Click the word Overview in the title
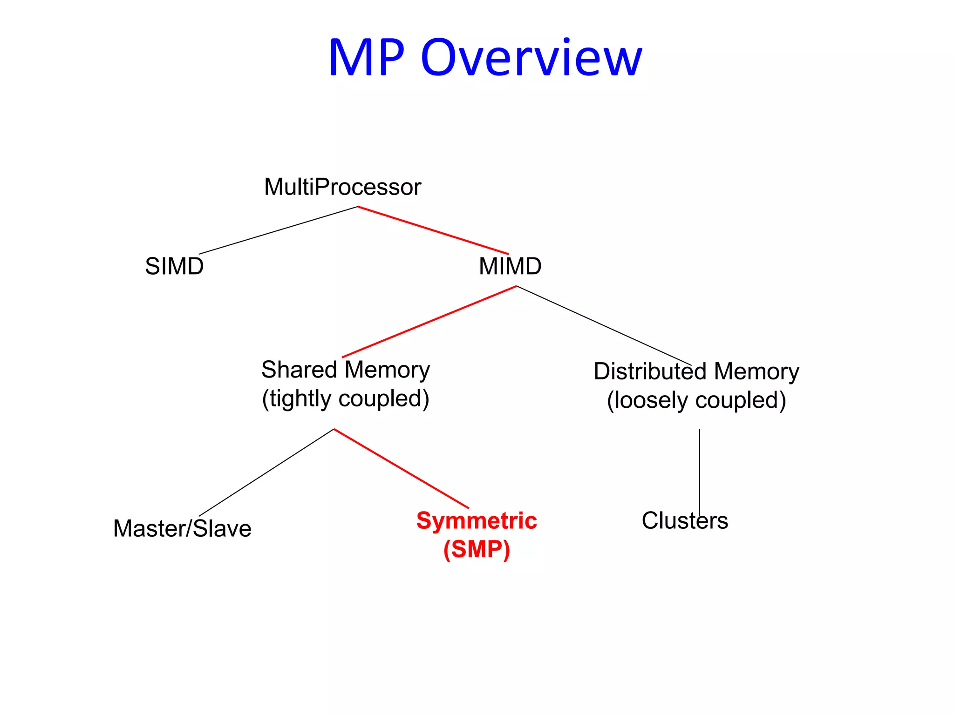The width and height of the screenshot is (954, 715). tap(531, 58)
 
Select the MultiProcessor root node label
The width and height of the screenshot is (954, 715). tap(342, 187)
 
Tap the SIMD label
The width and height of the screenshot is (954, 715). tap(174, 266)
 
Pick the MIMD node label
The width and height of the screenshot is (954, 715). tap(510, 266)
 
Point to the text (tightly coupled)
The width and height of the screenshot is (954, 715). tap(345, 399)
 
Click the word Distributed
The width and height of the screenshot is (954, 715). tap(650, 371)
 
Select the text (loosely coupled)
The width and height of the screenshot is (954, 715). tap(696, 400)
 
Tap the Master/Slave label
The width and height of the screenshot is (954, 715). tap(182, 529)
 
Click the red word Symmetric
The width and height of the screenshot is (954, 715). tap(476, 520)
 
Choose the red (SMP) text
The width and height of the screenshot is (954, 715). tap(476, 549)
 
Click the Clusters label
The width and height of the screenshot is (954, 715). tap(684, 520)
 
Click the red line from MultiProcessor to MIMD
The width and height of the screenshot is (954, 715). tap(433, 230)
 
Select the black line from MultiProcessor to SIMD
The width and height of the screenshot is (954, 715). tap(278, 230)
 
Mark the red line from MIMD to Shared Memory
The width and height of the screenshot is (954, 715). tap(429, 322)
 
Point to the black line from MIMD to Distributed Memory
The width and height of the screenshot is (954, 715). tap(604, 326)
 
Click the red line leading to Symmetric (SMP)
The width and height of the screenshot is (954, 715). tap(401, 468)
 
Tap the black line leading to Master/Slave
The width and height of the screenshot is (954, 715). tap(266, 472)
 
